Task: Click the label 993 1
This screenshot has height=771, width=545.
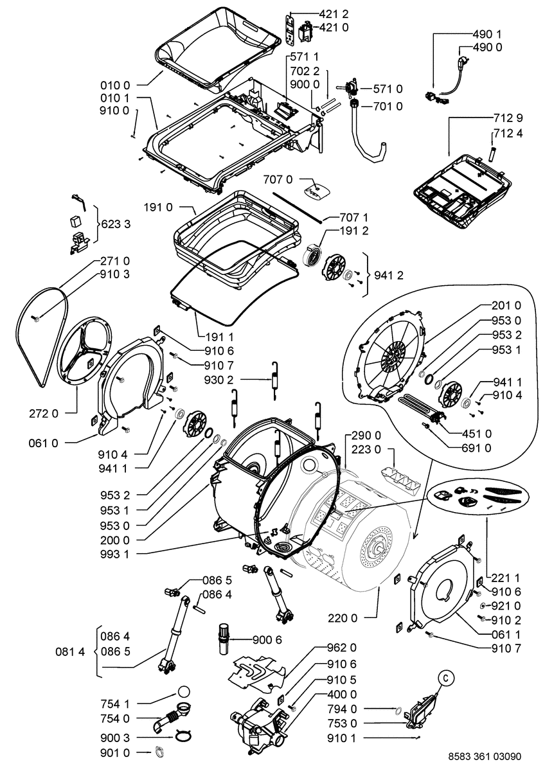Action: click(x=115, y=554)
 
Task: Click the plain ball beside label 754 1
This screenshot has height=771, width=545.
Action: click(x=184, y=693)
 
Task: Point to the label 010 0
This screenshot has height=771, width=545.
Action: click(x=115, y=84)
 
